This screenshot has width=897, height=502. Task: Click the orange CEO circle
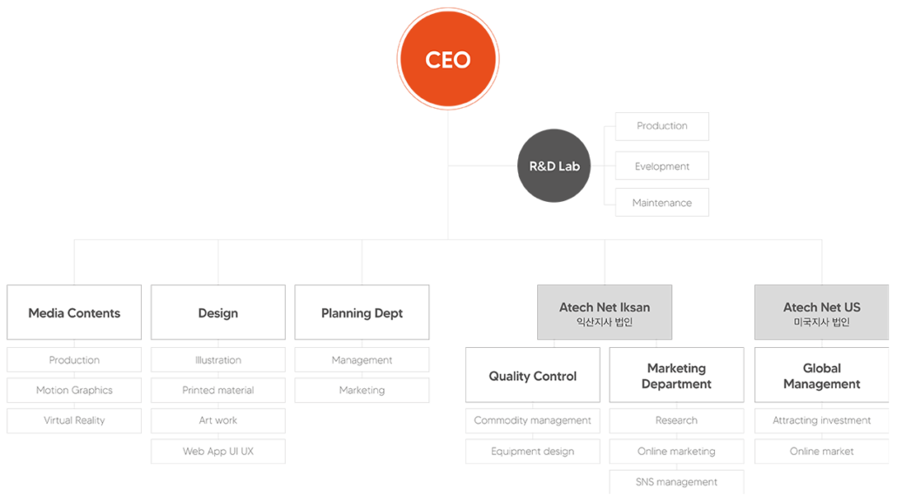(x=448, y=59)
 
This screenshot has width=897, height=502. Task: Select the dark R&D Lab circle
(x=554, y=165)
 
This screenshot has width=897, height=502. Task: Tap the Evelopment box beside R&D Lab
(x=662, y=166)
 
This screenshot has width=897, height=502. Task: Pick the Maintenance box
(x=662, y=203)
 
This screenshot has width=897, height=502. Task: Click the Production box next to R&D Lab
(x=662, y=126)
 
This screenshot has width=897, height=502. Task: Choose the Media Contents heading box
(x=74, y=313)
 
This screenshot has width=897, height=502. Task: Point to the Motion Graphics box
(x=74, y=390)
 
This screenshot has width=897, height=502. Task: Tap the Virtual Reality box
(x=74, y=420)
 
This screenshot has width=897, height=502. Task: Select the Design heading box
(x=218, y=313)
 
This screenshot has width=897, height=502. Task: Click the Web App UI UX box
(x=218, y=452)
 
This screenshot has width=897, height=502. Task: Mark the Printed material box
(x=218, y=390)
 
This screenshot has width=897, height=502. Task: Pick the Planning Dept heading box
(x=361, y=313)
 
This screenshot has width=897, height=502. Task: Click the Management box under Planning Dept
(x=361, y=360)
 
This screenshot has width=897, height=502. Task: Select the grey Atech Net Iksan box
(x=604, y=313)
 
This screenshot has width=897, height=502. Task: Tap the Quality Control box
(x=532, y=376)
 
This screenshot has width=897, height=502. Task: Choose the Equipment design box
(x=532, y=452)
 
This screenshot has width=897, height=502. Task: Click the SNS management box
(x=677, y=482)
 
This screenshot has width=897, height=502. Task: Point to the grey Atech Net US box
(x=821, y=313)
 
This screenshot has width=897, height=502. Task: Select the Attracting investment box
(x=821, y=420)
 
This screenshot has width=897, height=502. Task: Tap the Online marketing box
(x=677, y=452)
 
